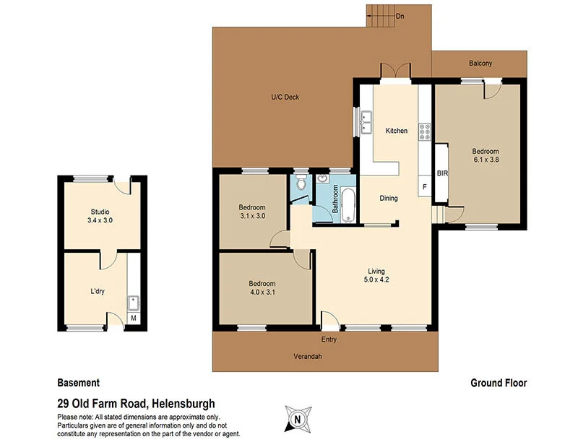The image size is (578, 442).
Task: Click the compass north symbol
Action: click(x=296, y=418)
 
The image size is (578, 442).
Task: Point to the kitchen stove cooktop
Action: click(x=426, y=131)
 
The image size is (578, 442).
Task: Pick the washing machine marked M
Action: click(x=133, y=318)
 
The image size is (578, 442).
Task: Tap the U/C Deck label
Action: click(x=285, y=97)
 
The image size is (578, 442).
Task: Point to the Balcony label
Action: click(x=480, y=64)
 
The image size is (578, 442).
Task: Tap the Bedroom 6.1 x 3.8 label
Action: click(x=486, y=155)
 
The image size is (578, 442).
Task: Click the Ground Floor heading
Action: click(x=499, y=383)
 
